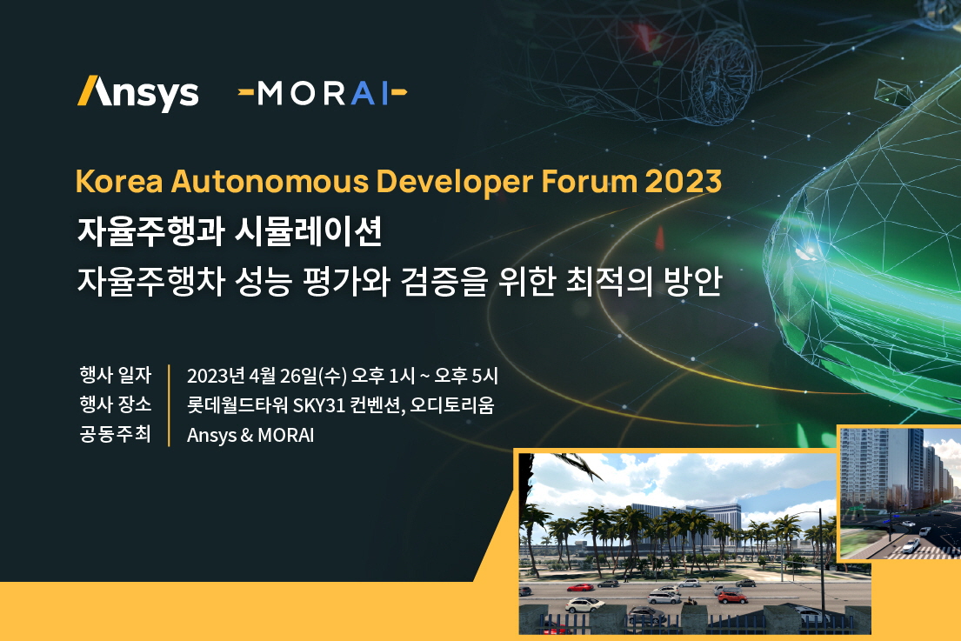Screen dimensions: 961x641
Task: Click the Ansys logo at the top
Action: (x=138, y=94)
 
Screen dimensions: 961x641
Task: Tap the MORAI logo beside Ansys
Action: (x=323, y=94)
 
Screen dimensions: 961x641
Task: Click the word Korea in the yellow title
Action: (x=119, y=182)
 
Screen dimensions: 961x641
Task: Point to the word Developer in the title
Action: (x=455, y=183)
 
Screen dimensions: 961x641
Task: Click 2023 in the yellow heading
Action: (x=684, y=182)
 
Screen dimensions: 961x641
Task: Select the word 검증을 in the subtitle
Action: (x=444, y=281)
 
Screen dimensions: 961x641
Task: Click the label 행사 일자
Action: (x=115, y=375)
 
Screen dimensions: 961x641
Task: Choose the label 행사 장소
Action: (x=115, y=404)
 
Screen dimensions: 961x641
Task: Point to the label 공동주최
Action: (x=115, y=434)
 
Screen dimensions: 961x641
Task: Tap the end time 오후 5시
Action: (x=466, y=376)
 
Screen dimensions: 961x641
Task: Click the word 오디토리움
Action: (x=452, y=405)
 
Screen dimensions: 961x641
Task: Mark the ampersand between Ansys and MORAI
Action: (x=246, y=435)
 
